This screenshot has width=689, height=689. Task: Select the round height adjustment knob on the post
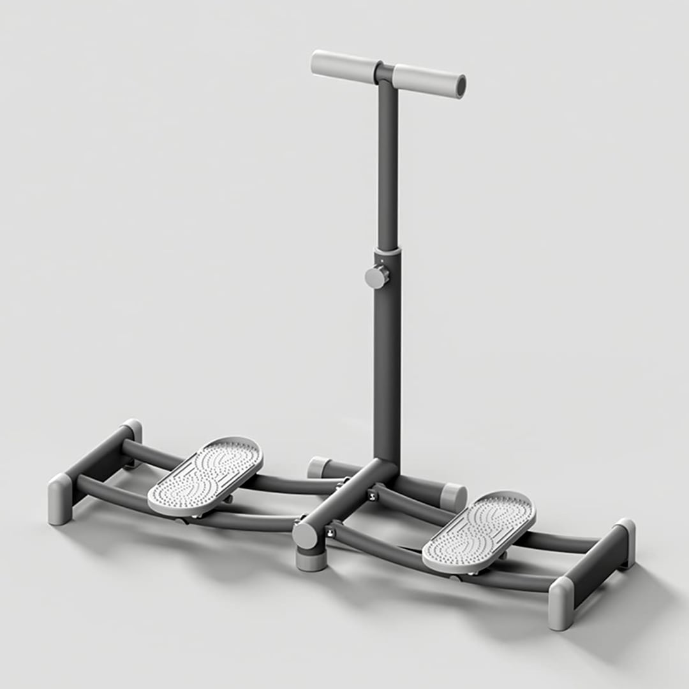click(376, 277)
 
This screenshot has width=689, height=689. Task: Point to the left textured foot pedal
click(205, 475)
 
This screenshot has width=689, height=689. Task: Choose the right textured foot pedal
click(480, 531)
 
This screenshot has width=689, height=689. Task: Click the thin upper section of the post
click(387, 166)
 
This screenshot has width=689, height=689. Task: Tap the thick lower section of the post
click(387, 357)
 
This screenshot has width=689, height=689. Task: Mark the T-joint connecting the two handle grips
click(385, 72)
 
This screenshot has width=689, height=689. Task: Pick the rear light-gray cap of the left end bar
click(133, 431)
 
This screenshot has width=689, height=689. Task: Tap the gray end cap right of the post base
click(453, 497)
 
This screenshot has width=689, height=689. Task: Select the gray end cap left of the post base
click(316, 467)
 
